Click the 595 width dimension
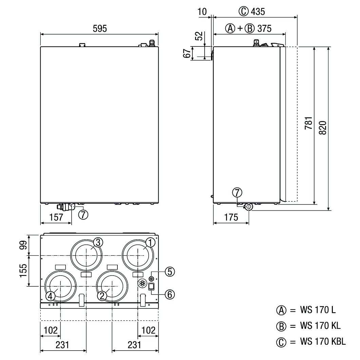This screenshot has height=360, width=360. (100, 29)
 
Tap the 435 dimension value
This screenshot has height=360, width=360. (258, 12)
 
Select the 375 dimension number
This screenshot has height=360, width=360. (264, 28)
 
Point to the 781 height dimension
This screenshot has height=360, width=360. (309, 123)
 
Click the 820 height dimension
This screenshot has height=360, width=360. (323, 128)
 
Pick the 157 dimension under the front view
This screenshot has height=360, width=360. (56, 217)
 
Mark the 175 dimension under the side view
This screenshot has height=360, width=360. (231, 217)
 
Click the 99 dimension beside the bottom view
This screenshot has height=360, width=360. (23, 245)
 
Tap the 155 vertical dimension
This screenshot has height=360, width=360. (23, 271)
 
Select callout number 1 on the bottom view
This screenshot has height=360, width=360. (150, 243)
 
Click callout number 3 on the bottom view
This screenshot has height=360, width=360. (98, 242)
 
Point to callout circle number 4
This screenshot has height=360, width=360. (50, 296)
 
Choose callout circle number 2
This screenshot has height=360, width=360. (102, 296)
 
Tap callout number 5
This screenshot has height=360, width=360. (170, 272)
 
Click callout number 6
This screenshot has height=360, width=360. (170, 294)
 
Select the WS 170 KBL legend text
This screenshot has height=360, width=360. (323, 341)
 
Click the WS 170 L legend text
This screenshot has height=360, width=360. (318, 310)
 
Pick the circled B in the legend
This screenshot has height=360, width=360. (281, 326)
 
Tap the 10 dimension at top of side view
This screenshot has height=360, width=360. (202, 12)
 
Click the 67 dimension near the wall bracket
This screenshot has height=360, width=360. (187, 53)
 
